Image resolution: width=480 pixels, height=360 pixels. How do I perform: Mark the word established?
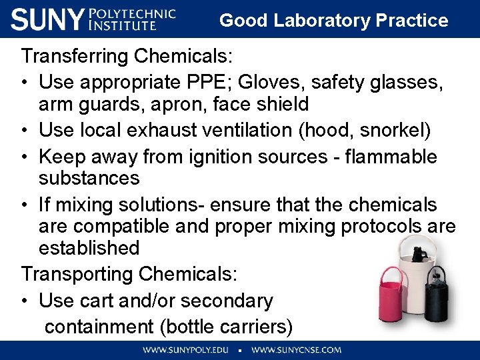pyautogui.click(x=89, y=248)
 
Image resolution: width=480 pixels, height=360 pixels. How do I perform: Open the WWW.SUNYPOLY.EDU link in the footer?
pyautogui.click(x=185, y=350)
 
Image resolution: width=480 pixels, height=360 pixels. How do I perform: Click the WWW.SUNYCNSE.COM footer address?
pyautogui.click(x=296, y=350)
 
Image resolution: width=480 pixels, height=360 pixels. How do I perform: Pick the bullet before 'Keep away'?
pyautogui.click(x=25, y=157)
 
